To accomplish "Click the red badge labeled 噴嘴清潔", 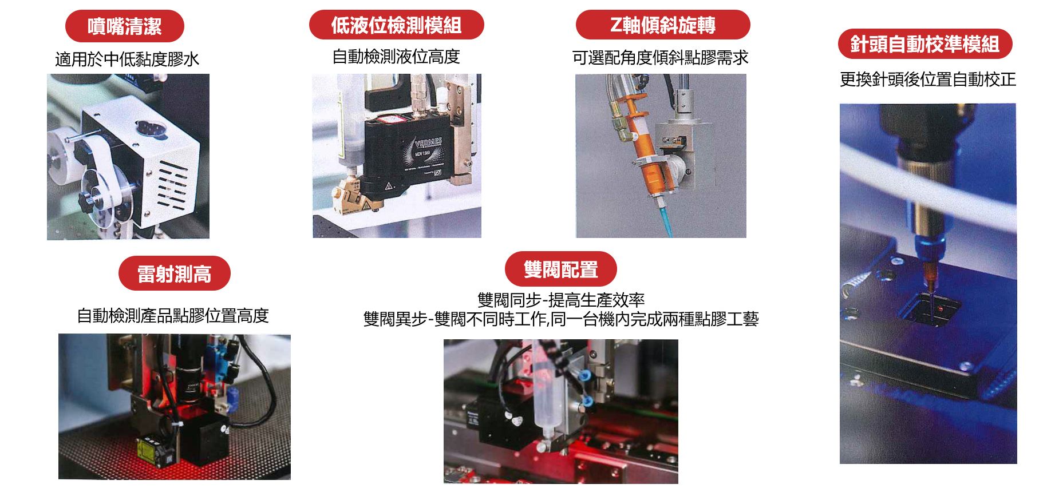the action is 125,26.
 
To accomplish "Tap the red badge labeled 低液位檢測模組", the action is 396,25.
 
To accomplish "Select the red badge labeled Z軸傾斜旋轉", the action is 663,25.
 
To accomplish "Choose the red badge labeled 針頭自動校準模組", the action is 925,44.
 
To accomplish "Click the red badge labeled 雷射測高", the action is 175,273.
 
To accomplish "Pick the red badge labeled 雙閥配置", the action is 561,269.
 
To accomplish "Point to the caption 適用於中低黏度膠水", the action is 127,59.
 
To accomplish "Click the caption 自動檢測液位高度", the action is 396,57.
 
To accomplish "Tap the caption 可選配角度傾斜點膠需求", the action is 661,57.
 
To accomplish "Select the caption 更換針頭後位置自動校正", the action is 928,79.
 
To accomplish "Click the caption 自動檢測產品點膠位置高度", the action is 173,315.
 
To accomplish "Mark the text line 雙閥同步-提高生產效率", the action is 561,300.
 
